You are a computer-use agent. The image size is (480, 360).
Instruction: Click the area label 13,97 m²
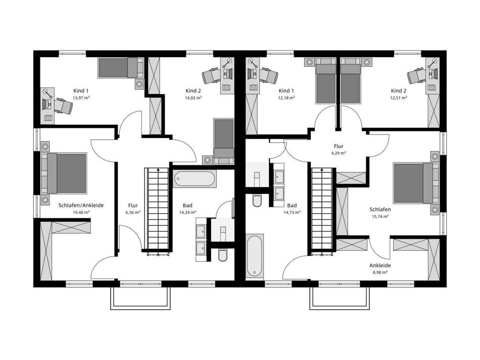[x=81, y=98]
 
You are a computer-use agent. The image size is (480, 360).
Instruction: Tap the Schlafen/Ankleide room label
[x=81, y=205]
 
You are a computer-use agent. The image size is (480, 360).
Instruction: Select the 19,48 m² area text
[x=81, y=212]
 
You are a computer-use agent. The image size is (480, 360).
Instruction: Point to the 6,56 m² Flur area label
[x=133, y=212]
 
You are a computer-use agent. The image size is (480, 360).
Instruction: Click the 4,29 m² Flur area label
[x=339, y=153]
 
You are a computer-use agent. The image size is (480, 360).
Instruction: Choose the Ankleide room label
[x=380, y=265]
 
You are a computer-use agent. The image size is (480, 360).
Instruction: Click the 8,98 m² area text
[x=380, y=272]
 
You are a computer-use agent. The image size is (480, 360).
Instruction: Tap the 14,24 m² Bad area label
[x=187, y=212]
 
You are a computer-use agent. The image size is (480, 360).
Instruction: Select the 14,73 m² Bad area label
[x=292, y=212]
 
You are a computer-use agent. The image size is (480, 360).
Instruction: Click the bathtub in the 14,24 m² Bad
[x=195, y=179]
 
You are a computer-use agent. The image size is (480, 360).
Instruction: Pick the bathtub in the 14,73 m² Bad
[x=254, y=256]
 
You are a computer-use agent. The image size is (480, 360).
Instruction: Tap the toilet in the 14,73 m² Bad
[x=257, y=200]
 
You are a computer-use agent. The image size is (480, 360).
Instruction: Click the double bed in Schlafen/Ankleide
[x=64, y=173]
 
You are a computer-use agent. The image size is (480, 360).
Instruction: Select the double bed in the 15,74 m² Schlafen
[x=416, y=183]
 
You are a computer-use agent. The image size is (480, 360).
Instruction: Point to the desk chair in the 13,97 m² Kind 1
[x=63, y=106]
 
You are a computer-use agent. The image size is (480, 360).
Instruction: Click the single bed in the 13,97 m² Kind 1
[x=121, y=67]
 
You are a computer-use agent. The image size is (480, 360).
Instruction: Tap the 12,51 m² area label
[x=399, y=98]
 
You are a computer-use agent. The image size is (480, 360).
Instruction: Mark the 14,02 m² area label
[x=193, y=98]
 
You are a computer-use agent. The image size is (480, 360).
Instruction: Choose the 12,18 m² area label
[x=286, y=98]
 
